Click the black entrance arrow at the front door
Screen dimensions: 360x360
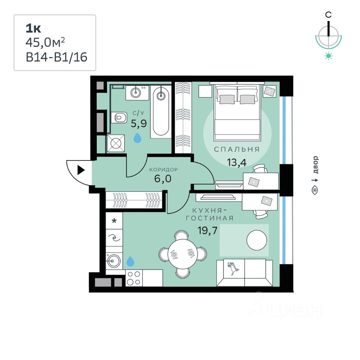pyautogui.click(x=81, y=171)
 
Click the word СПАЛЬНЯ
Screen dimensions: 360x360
pyautogui.click(x=237, y=149)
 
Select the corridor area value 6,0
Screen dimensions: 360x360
pyautogui.click(x=163, y=178)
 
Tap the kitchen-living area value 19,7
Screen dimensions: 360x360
pyautogui.click(x=207, y=230)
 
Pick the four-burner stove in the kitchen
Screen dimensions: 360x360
pyautogui.click(x=134, y=278)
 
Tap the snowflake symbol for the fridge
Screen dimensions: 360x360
pyautogui.click(x=114, y=220)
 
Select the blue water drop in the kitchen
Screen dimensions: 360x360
pyautogui.click(x=130, y=261)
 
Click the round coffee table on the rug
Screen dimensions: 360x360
pyautogui.click(x=257, y=240)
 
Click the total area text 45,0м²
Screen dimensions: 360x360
pyautogui.click(x=48, y=42)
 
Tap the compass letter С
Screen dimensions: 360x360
pyautogui.click(x=328, y=15)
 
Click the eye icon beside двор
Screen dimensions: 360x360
pyautogui.click(x=315, y=190)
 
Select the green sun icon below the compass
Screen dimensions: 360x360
pyautogui.click(x=328, y=56)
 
